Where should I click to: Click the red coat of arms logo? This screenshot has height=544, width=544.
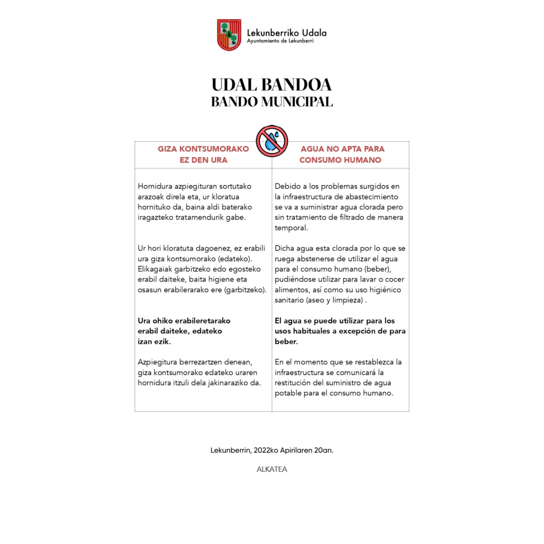tap(229, 35)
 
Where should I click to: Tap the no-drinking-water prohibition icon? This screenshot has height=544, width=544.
tap(271, 141)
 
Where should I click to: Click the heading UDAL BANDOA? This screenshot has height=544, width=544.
tap(271, 85)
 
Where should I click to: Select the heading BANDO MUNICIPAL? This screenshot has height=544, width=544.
tap(271, 101)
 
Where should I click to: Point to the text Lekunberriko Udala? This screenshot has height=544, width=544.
tap(287, 32)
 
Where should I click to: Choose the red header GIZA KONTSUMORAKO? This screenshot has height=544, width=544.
tap(203, 149)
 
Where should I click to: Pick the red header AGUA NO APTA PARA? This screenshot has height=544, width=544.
tap(343, 149)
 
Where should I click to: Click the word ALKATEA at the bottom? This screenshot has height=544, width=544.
tap(271, 470)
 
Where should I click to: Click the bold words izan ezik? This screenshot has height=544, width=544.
tap(151, 342)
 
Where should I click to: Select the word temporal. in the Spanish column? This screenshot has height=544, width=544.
tap(291, 227)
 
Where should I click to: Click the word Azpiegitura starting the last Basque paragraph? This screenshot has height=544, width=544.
tap(157, 362)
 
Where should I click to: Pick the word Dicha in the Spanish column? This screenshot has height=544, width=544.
tap(285, 249)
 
